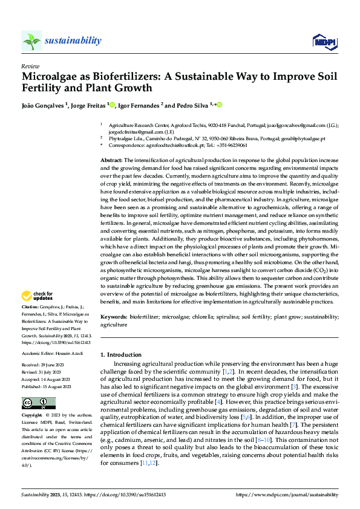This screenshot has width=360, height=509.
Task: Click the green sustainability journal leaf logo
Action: [x=31, y=41]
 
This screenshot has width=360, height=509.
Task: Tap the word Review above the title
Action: [x=30, y=66]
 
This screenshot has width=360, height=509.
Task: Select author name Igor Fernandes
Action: [x=139, y=105]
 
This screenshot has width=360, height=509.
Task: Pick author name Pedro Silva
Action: [x=188, y=105]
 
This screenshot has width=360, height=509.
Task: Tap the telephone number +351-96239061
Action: [x=232, y=146]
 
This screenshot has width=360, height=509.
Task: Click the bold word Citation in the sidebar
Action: [x=31, y=308]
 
